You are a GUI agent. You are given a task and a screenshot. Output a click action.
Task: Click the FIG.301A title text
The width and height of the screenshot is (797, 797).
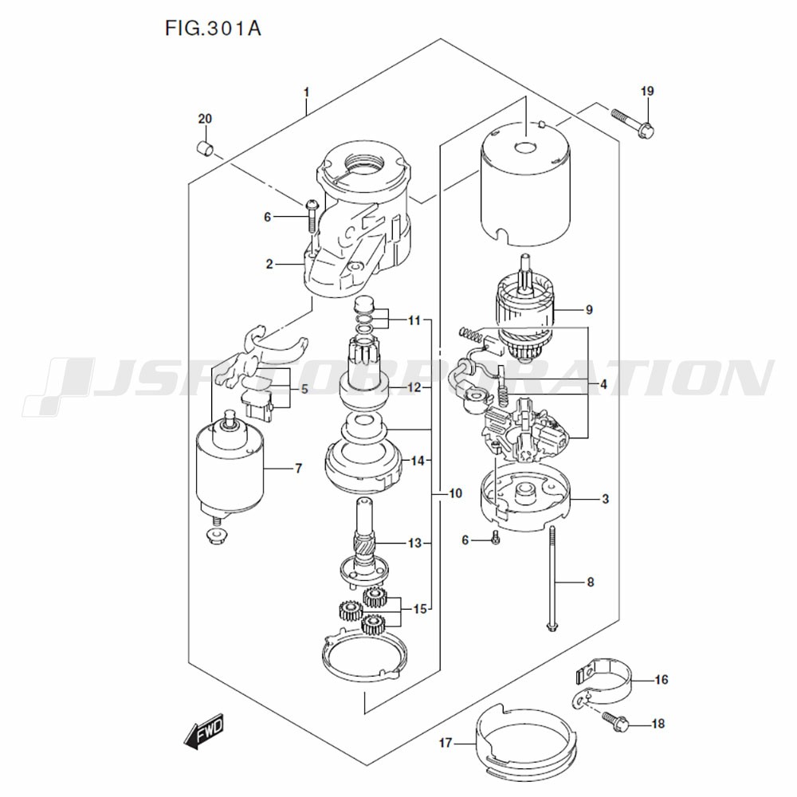(213, 29)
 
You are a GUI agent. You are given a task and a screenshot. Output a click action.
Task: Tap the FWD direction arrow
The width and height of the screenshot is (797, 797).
(202, 732)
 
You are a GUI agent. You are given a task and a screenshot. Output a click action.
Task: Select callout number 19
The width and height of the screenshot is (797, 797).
(646, 92)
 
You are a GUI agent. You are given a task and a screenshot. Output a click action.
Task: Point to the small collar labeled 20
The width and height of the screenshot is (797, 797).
(206, 148)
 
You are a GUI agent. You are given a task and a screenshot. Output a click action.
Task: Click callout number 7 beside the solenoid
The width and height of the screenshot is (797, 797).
(298, 469)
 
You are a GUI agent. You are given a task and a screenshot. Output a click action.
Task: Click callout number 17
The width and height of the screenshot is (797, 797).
(445, 743)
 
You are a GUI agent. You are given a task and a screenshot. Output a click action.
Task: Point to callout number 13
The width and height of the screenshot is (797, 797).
(414, 544)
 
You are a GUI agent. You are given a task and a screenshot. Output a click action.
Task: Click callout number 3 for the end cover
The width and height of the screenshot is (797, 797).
(605, 500)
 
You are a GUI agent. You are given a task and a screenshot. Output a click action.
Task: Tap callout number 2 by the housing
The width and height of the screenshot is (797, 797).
(269, 264)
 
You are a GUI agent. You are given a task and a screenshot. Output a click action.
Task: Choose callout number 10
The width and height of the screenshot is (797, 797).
(454, 494)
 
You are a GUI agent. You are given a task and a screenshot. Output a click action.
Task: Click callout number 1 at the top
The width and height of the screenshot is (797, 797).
(306, 92)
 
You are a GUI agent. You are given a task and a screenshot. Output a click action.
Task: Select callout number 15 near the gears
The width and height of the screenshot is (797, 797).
(419, 610)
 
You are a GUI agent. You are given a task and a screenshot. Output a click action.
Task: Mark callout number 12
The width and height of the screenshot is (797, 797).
(414, 388)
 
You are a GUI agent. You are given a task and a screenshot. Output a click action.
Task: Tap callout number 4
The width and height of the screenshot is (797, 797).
(604, 384)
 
